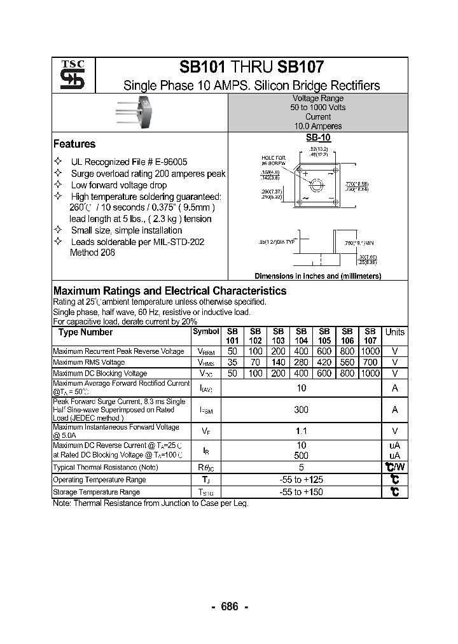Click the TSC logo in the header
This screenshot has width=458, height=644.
[68, 75]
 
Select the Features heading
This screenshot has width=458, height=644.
[74, 144]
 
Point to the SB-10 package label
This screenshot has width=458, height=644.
[318, 137]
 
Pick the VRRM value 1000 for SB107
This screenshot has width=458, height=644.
[370, 351]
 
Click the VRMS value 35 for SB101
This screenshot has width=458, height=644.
[233, 362]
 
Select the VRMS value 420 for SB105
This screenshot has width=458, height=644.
[324, 362]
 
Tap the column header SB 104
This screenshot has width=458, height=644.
[302, 336]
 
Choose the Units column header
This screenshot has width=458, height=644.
[394, 332]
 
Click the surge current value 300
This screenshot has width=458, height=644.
[302, 410]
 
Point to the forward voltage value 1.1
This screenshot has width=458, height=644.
[302, 431]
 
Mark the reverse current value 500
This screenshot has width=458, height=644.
[302, 456]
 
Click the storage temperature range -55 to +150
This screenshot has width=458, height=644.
[302, 492]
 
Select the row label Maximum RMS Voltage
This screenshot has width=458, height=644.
[89, 362]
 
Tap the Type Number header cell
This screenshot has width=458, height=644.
[85, 332]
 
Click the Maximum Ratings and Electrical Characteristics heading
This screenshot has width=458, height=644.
[170, 291]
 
